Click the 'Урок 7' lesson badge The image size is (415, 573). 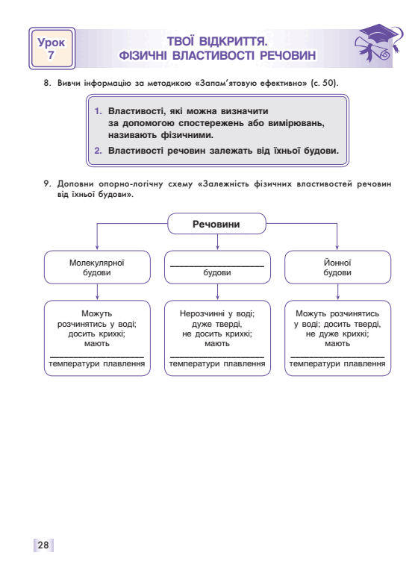tap(52, 48)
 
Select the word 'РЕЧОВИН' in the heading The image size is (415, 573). tap(288, 55)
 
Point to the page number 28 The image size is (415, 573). tap(43, 545)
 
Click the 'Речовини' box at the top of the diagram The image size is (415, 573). tap(216, 224)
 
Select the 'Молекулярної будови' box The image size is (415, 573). tap(97, 267)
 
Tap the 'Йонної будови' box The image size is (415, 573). tap(337, 267)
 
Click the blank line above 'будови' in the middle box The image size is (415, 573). tap(217, 266)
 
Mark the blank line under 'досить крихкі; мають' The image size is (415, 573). tap(97, 357)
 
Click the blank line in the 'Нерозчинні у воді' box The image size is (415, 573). tap(217, 357)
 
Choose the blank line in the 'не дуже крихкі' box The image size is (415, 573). tap(337, 357)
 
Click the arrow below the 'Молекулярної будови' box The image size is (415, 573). tap(97, 292)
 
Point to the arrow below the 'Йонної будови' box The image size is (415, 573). tap(337, 292)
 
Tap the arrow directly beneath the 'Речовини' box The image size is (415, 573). tap(217, 242)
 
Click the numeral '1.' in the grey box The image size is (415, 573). tap(99, 111)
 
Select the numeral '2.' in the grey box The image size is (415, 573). tap(99, 151)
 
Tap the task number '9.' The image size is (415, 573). tap(48, 184)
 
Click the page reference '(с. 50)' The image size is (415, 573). tap(325, 83)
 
